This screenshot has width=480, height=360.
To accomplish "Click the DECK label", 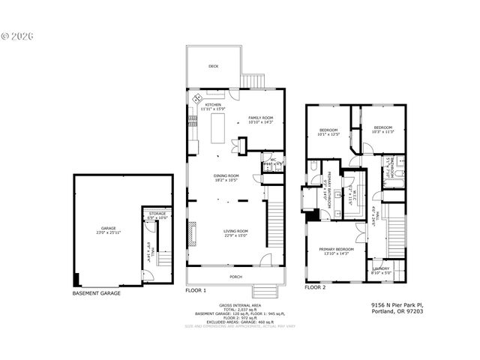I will [214, 65].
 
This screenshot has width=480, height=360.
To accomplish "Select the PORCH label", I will [235, 276].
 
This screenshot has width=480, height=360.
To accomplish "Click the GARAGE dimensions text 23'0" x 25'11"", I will [109, 232].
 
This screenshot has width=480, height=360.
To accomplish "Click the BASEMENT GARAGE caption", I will [96, 293].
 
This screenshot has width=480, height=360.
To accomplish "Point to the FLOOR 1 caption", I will [196, 289].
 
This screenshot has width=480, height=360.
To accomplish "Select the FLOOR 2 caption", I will [316, 287].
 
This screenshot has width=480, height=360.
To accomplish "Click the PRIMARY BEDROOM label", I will [335, 250].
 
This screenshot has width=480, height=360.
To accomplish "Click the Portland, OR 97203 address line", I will [397, 313].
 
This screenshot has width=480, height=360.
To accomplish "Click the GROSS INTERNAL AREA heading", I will [239, 305].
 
